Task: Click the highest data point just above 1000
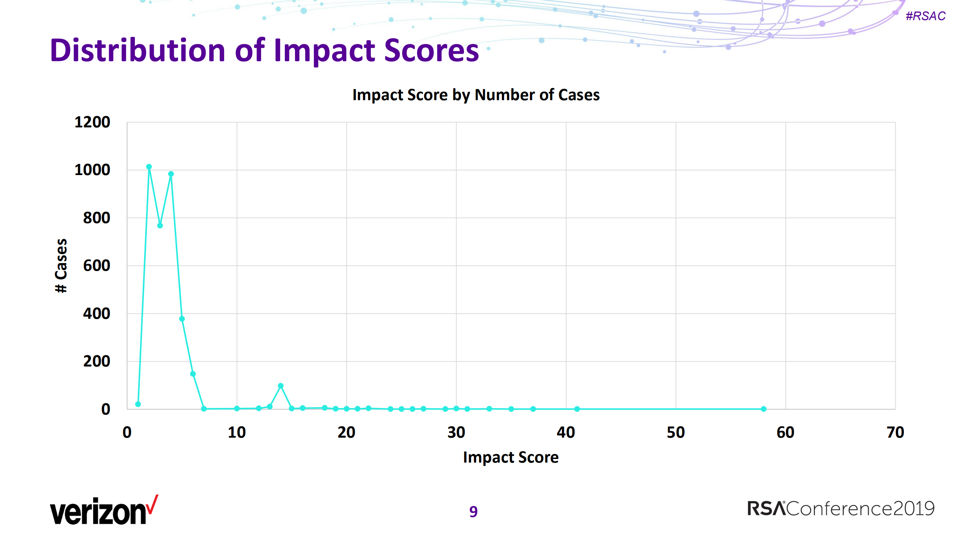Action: coord(149,167)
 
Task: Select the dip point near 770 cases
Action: coord(160,225)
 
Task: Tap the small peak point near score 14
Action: coord(281,386)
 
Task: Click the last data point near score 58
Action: coord(764,409)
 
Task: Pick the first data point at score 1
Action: coord(138,404)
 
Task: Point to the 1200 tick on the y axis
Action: coord(92,122)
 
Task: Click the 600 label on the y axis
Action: coord(96,266)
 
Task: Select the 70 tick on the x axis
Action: coord(895,432)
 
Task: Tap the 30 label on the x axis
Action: coord(456,432)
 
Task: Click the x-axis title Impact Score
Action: coord(511,457)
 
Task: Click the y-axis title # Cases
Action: coord(61,266)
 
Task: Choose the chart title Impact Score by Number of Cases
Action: coord(476,95)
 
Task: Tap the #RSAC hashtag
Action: coord(925,16)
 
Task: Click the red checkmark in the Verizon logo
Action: coord(152,505)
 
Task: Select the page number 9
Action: coord(473,511)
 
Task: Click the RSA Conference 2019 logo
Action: coord(841,508)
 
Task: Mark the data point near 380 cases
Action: coord(182,319)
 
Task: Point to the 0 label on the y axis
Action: coord(106,409)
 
